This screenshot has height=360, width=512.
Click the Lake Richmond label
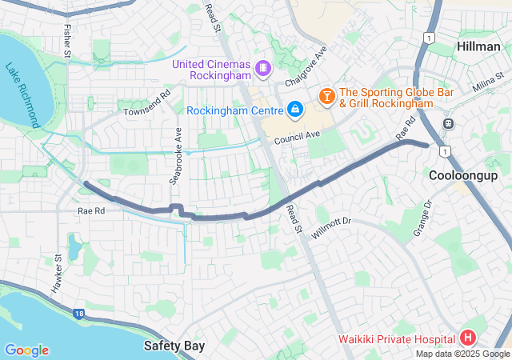point(23,96)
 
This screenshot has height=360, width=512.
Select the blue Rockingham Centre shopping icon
point(295,108)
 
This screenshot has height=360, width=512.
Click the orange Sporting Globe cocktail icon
point(326,97)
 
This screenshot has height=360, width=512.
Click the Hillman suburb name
point(478,46)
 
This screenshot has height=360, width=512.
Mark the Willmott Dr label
point(331,219)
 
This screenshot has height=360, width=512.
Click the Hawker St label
point(58,274)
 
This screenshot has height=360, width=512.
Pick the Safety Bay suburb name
point(174,346)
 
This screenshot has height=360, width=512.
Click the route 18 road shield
point(77,314)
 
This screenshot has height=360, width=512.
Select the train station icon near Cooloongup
point(448,124)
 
